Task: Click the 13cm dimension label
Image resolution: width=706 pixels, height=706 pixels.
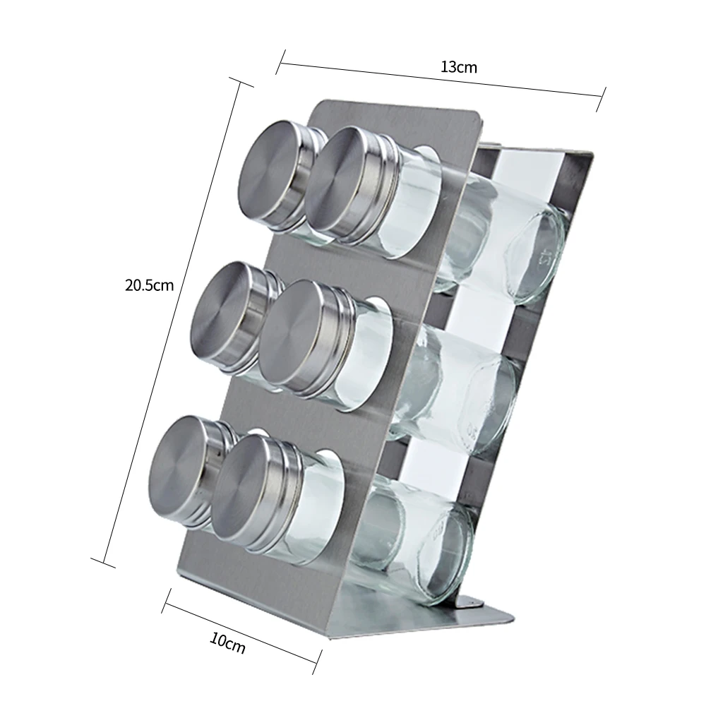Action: [x=458, y=67]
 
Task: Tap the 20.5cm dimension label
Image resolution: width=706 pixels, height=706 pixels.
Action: [x=149, y=285]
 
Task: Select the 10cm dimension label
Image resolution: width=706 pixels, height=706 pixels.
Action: [x=227, y=644]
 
